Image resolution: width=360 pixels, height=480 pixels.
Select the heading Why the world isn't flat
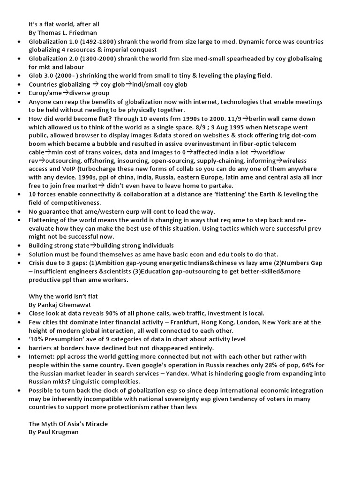[x=63, y=296]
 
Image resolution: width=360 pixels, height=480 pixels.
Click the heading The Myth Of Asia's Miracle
[x=68, y=424]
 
